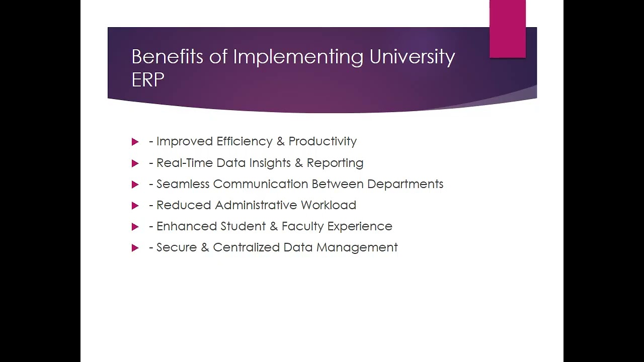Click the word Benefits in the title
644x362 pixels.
pos(167,57)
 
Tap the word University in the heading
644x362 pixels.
pos(412,57)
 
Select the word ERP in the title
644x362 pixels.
pos(148,80)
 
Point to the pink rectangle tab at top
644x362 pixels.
pos(507,29)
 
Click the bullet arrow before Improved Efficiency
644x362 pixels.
pos(135,142)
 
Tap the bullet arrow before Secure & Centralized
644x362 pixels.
pos(135,248)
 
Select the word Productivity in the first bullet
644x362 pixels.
pos(323,142)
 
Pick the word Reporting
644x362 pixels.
pos(335,163)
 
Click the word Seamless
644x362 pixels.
pos(183,184)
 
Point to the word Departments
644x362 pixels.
pos(405,185)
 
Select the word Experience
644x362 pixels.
pos(360,227)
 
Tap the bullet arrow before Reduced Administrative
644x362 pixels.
pos(135,206)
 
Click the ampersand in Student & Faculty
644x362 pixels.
pos(274,226)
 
